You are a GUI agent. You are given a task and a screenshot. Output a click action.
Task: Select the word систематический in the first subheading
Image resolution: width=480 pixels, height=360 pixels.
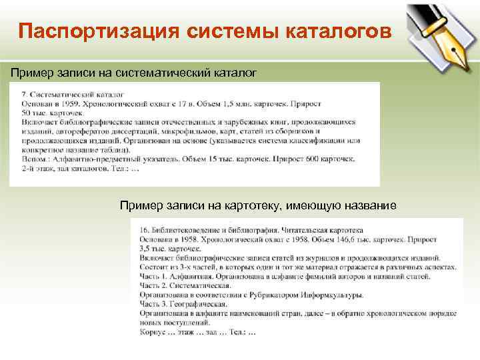[148, 71]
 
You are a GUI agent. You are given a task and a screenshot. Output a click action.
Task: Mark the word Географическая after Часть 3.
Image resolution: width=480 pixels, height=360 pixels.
[199, 303]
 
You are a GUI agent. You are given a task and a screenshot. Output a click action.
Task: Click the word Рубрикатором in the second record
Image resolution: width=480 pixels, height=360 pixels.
[285, 294]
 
